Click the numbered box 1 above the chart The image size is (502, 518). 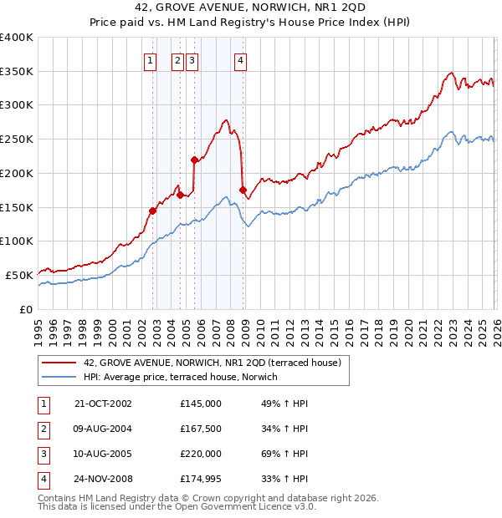[150, 59]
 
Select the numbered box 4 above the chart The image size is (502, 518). [240, 59]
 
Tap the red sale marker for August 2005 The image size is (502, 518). [194, 160]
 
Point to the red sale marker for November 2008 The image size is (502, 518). [243, 190]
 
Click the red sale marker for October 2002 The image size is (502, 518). [153, 211]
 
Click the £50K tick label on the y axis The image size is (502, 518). [18, 275]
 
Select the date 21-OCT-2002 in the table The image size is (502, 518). [103, 404]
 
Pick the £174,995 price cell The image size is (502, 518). [200, 479]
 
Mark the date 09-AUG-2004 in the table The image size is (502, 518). [103, 429]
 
